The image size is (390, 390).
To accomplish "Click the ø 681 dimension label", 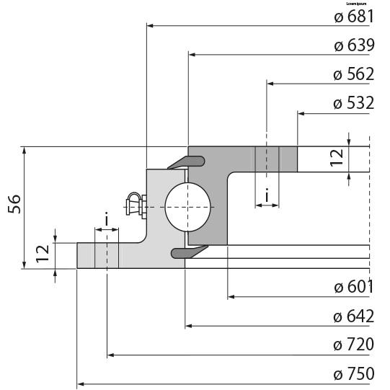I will pos(353,17).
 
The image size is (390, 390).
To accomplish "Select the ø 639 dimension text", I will pos(353,45).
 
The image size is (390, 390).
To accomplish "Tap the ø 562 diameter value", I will pos(353,74).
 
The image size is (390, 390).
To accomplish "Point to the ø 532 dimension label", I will pos(353,103).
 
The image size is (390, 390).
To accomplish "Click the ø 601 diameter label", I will pos(353,287).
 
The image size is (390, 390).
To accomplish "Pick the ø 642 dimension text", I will pos(353,316).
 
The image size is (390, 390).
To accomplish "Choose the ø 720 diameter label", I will pos(353,345).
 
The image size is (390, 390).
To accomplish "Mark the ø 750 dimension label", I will pos(353,373).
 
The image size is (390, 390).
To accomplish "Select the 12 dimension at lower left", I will pos(43,252).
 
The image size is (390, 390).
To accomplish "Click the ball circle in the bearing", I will pos(188,206).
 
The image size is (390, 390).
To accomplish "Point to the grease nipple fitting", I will pos(135,205).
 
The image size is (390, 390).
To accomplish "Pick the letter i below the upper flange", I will pos(267,195).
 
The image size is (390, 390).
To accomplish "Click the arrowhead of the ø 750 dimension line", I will pos(81,384).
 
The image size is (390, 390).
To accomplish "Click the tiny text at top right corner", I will pos(358,3).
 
